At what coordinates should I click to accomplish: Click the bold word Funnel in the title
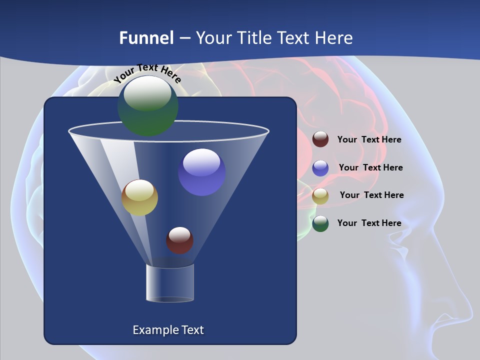click(146, 38)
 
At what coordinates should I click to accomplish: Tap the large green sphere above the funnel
click(148, 105)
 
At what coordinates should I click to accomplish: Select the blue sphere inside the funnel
click(201, 172)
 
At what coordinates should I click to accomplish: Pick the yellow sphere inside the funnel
click(139, 197)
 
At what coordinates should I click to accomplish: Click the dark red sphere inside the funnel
click(179, 240)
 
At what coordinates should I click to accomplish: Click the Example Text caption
click(168, 330)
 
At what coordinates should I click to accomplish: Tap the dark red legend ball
click(320, 139)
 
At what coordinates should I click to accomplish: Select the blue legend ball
click(320, 168)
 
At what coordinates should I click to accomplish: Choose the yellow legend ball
click(320, 196)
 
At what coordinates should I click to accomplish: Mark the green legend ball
click(320, 223)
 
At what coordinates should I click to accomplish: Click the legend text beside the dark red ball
click(369, 140)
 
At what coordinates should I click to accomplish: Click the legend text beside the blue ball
click(370, 167)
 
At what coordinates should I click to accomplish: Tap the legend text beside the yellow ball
click(371, 195)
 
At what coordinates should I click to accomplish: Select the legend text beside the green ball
click(369, 223)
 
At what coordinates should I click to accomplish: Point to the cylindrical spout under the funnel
click(170, 283)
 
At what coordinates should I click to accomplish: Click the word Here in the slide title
click(333, 38)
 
